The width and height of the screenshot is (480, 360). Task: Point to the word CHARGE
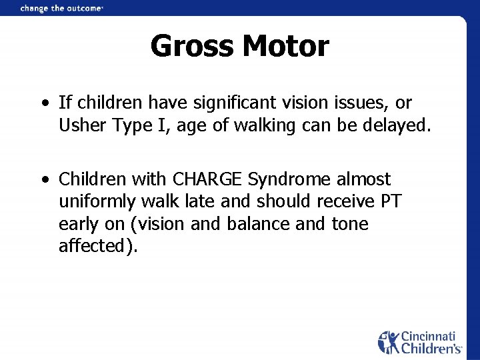coord(207,179)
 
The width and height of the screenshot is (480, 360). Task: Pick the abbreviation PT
coord(388,201)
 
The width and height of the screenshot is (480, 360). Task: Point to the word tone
coord(349,223)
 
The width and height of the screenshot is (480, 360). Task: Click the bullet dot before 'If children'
coord(43,104)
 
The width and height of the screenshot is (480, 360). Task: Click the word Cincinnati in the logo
coord(430,337)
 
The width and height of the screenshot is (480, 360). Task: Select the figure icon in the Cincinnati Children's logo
coord(389,342)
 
